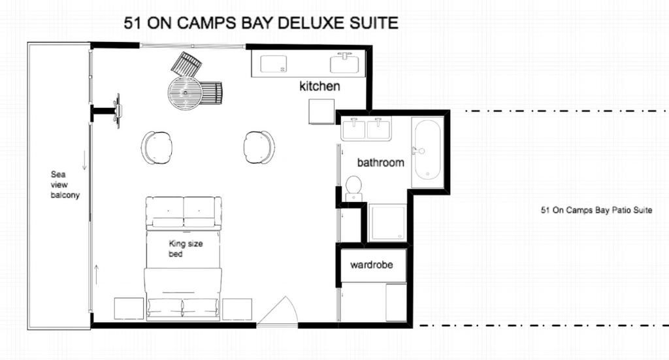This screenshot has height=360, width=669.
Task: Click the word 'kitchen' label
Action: coord(319,86)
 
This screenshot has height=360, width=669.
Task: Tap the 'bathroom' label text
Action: coord(381,163)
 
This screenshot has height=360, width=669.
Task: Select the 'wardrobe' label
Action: coord(372,265)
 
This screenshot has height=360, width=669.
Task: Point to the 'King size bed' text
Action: coord(186,249)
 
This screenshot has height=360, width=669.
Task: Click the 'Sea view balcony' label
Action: coord(65,185)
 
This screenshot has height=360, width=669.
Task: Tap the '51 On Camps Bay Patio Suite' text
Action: coord(596,210)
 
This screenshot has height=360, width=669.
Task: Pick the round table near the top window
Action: coord(185,93)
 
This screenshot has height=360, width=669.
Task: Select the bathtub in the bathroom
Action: coord(426,150)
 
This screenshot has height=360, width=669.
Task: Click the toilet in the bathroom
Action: coord(353,188)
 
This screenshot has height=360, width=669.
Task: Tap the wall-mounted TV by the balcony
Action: coord(116,111)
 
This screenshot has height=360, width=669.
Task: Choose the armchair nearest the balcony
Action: coord(157,147)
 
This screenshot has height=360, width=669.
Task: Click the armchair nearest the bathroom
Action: coord(259,147)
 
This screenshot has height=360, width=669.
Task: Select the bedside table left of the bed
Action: coord(129,308)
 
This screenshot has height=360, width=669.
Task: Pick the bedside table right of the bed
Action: coord(237,309)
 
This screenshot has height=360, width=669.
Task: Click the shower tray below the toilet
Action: coord(387,223)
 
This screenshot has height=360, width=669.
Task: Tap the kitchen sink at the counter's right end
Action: coord(344,63)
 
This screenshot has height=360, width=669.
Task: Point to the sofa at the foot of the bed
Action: coord(184,213)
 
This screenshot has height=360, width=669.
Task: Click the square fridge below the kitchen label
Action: coord(321,112)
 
